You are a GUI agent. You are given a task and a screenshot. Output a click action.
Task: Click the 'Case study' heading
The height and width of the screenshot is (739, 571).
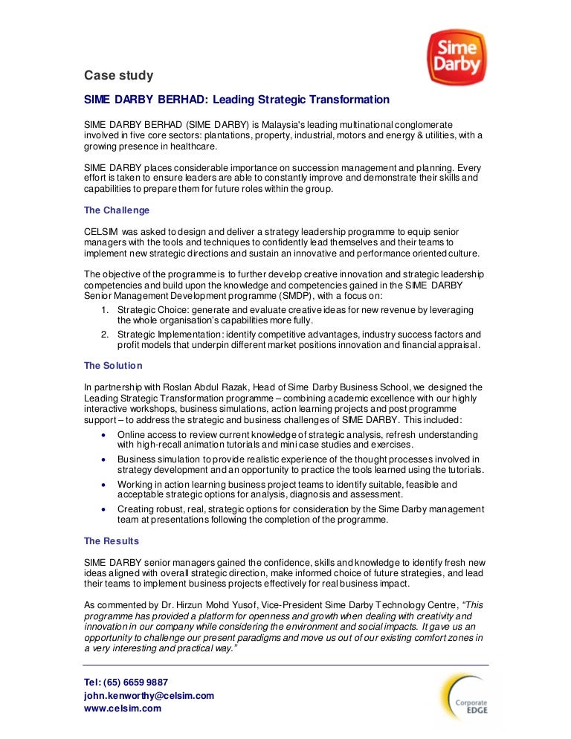[x=118, y=75]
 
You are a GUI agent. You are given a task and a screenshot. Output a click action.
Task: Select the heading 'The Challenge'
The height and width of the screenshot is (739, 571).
[x=117, y=210]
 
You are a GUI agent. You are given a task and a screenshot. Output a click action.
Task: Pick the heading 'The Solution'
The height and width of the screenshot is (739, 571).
[x=113, y=366]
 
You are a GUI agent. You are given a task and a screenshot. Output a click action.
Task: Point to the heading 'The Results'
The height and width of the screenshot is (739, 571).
[x=112, y=540]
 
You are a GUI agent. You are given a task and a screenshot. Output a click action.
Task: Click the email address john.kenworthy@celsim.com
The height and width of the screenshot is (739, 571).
[x=149, y=695]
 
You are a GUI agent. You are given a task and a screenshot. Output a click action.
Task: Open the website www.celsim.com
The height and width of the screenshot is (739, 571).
[x=123, y=709]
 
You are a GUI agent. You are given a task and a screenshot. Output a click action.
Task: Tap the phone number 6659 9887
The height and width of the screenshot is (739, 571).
[x=142, y=682]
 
